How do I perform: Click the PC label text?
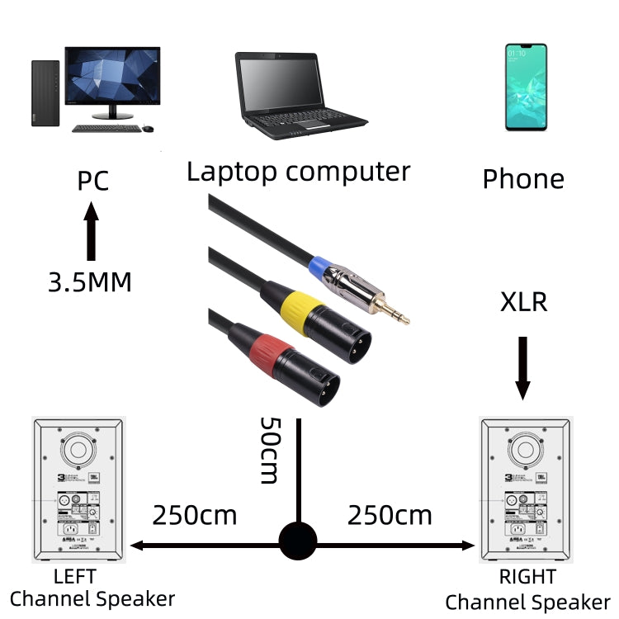(x=92, y=181)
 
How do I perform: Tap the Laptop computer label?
(x=298, y=172)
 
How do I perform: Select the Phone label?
(x=523, y=179)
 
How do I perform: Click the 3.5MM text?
(x=89, y=282)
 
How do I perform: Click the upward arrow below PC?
(x=92, y=234)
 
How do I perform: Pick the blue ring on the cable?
(x=319, y=267)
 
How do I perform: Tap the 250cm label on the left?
(x=194, y=515)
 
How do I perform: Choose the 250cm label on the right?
(x=389, y=515)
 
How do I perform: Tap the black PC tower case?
(x=45, y=92)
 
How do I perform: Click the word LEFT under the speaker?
(x=74, y=575)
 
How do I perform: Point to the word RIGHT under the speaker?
(x=527, y=575)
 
